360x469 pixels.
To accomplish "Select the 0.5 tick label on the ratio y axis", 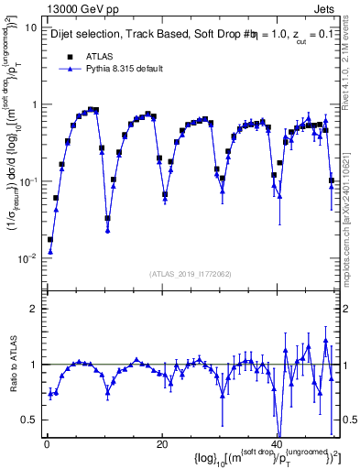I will point(27,420).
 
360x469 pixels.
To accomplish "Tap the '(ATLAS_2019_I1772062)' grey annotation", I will point(190,274).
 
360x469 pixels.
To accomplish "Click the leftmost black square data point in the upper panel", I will point(50,240).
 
